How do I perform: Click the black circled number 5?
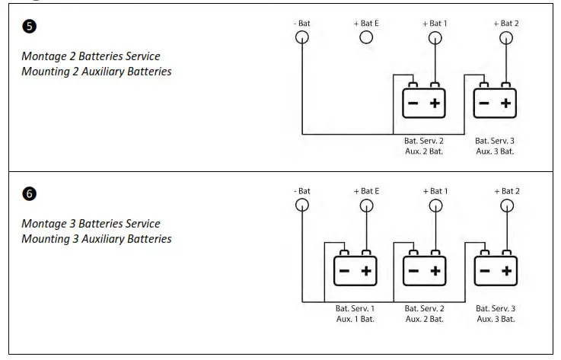[29, 26]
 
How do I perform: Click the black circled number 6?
[29, 193]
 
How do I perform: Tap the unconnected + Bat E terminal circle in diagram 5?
[366, 37]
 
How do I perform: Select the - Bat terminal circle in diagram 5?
[302, 37]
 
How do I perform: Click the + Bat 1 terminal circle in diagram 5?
[435, 37]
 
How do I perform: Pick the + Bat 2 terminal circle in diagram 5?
[506, 37]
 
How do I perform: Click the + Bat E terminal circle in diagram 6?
[366, 205]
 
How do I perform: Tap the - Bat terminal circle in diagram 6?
[302, 205]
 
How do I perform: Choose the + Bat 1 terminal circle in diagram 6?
[435, 205]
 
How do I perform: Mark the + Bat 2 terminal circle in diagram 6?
[506, 205]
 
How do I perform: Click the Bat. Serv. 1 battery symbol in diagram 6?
[355, 270]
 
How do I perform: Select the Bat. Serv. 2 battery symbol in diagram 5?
[424, 103]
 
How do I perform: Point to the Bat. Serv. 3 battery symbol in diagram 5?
[495, 103]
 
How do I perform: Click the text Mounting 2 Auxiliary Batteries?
[96, 72]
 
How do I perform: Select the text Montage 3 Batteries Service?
[91, 224]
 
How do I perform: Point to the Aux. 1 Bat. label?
[355, 318]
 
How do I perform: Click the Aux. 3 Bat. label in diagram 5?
[495, 151]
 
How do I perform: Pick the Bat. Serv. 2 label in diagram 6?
[424, 308]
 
